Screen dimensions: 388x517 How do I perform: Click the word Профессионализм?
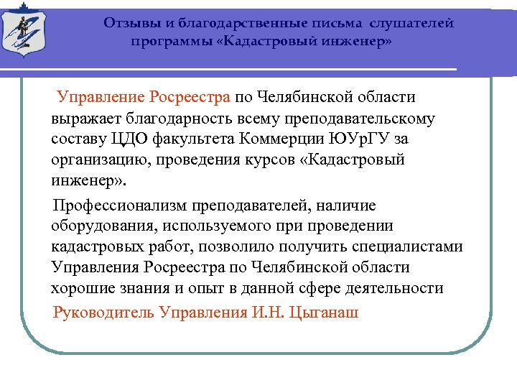pos(118,205)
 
